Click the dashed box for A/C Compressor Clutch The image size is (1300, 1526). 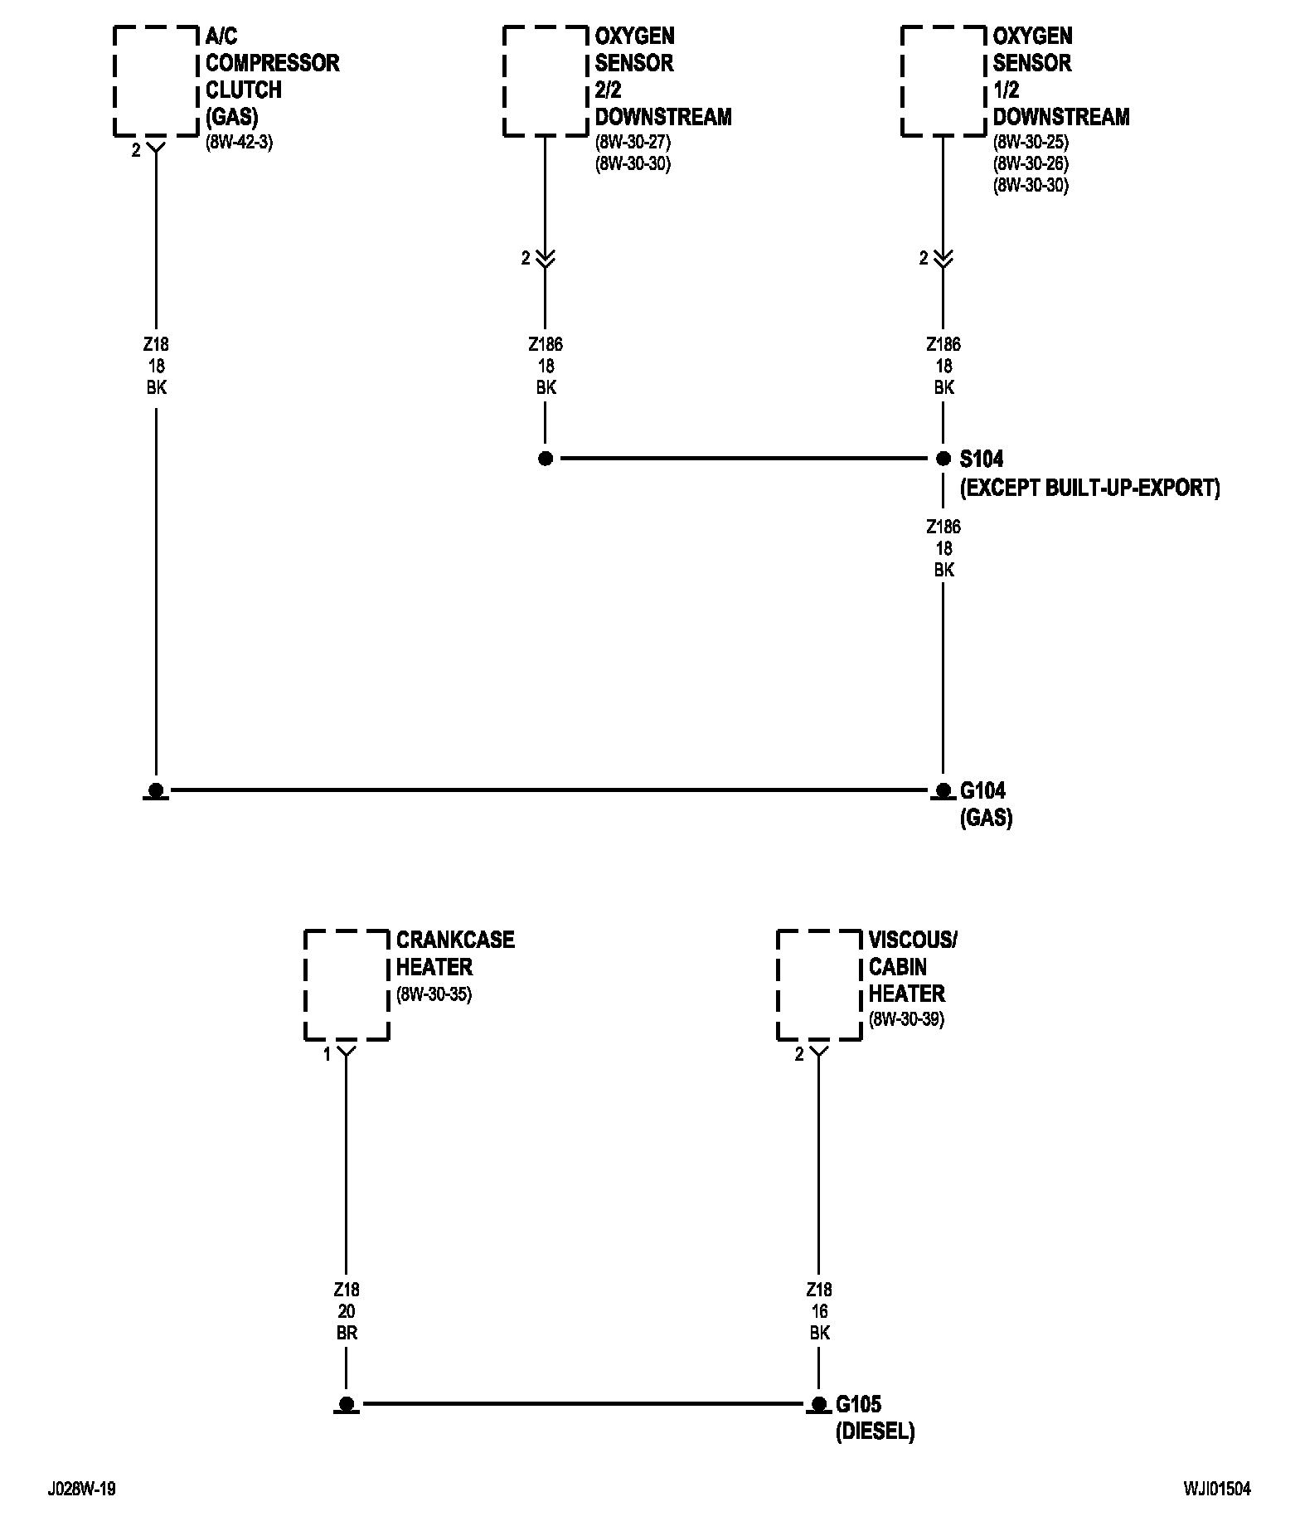coord(114,81)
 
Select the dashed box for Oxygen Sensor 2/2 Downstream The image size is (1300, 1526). coord(504,81)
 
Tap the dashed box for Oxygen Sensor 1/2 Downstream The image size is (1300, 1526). coord(902,81)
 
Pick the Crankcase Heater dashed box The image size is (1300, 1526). coord(305,984)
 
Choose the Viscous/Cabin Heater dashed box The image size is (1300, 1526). coord(778,984)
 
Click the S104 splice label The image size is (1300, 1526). coord(982,459)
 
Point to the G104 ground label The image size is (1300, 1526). coord(982,790)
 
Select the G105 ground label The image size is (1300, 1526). coord(858,1404)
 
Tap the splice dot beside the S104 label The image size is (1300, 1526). coord(943,458)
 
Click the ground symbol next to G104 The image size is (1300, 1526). coord(943,791)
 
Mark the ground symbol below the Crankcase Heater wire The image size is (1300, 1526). coord(347,1405)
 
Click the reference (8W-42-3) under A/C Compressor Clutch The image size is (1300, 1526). coord(239,142)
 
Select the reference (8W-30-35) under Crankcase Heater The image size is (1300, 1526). coord(434,994)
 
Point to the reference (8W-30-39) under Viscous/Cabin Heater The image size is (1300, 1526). coord(906,1019)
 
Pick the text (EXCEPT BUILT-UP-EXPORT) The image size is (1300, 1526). coord(1090,488)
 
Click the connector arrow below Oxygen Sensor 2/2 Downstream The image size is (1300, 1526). coord(545,258)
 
